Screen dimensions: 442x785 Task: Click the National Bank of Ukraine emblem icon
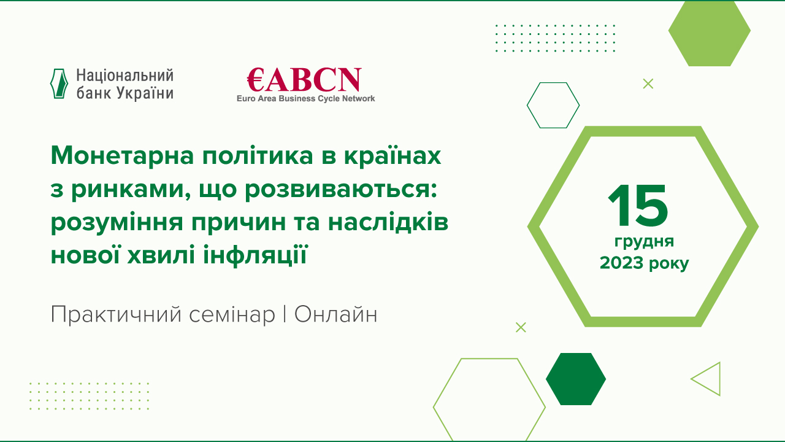58,83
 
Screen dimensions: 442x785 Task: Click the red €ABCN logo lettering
304,80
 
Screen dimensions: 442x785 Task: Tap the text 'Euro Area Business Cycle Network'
305,98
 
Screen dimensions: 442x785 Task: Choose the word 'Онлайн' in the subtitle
335,315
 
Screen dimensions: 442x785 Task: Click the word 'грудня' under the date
644,241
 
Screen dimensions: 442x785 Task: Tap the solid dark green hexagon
576,379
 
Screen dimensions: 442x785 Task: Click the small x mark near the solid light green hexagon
648,84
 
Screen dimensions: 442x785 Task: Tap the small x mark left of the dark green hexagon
521,327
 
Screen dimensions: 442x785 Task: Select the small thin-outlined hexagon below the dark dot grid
553,105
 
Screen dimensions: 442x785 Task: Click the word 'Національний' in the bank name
124,76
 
